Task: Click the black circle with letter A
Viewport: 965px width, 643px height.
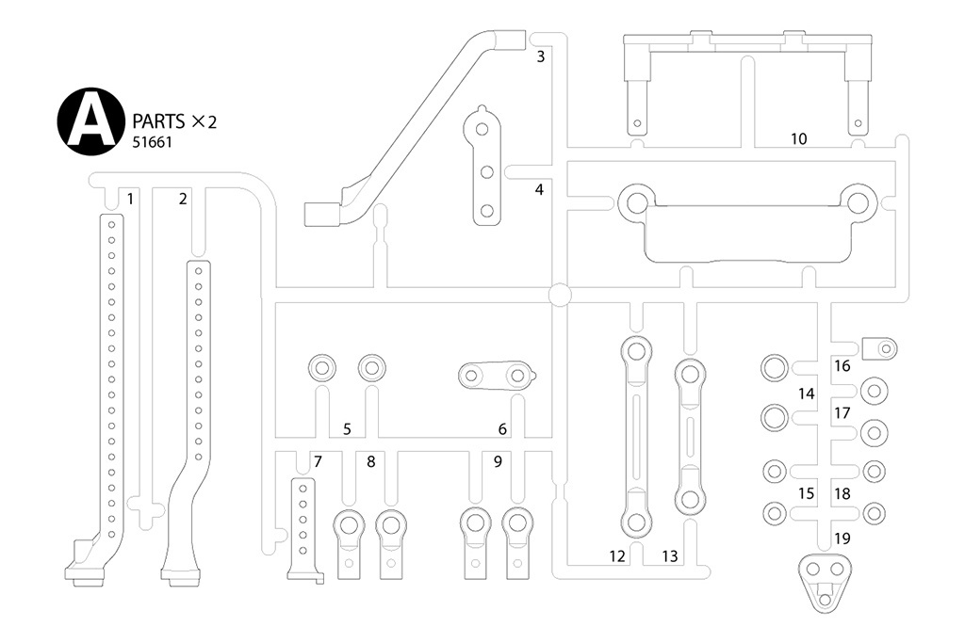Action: click(91, 122)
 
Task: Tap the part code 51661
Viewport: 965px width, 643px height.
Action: click(152, 142)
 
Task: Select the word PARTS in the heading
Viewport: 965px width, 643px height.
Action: click(159, 121)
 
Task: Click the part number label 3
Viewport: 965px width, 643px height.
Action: click(540, 56)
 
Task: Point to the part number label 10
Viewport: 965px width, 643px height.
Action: click(798, 138)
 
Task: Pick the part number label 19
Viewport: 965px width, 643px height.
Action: click(842, 539)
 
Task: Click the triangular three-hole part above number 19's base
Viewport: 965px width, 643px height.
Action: click(825, 579)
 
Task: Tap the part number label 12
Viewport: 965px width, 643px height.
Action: click(616, 556)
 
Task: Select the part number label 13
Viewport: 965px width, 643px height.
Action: click(669, 556)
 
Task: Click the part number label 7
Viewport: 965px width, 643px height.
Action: click(318, 461)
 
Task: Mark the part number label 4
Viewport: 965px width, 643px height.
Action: click(539, 189)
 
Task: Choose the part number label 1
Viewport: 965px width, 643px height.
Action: click(130, 198)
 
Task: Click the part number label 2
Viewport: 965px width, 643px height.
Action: click(183, 198)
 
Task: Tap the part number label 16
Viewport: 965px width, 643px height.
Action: click(842, 365)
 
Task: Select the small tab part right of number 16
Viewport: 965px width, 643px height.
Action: click(880, 349)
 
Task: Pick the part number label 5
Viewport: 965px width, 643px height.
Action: click(347, 429)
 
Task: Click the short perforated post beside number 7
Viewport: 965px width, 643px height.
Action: click(303, 527)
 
